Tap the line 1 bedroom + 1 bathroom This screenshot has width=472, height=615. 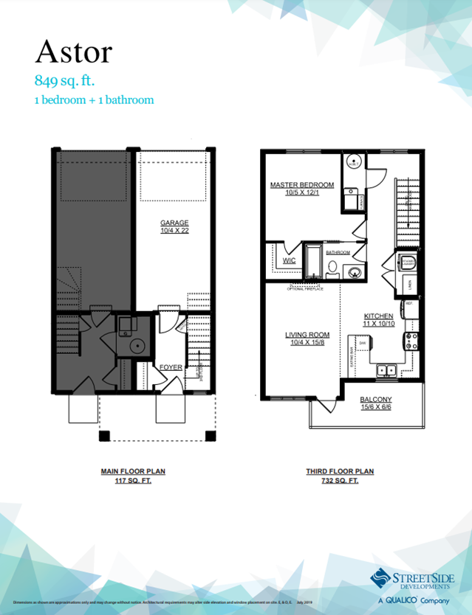pyautogui.click(x=93, y=100)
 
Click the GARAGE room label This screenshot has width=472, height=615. pyautogui.click(x=175, y=223)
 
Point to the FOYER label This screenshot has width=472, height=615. pyautogui.click(x=171, y=366)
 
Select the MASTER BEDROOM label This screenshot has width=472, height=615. pyautogui.click(x=302, y=185)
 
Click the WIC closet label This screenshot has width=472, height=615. pyautogui.click(x=290, y=260)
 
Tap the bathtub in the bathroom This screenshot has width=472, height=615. pyautogui.click(x=314, y=260)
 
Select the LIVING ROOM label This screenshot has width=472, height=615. pyautogui.click(x=308, y=334)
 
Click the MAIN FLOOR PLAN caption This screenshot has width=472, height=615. pyautogui.click(x=133, y=470)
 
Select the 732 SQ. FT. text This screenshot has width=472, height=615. pyautogui.click(x=341, y=480)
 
